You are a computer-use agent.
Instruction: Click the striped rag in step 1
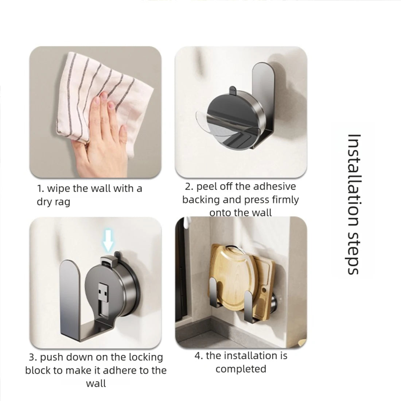[102, 97]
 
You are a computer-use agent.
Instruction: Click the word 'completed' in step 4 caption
[241, 369]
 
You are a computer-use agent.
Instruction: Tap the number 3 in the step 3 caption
[32, 357]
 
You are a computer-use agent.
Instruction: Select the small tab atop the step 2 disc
[233, 90]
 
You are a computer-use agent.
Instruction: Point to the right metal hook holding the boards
[250, 305]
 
